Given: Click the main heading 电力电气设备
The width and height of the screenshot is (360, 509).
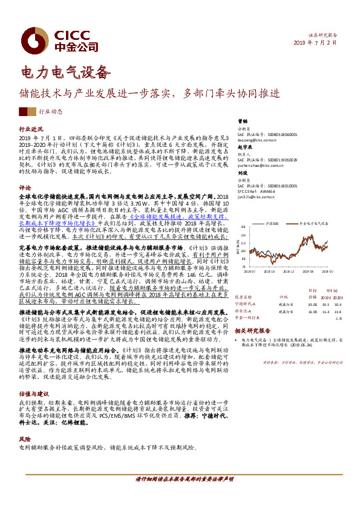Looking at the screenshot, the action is [66, 73].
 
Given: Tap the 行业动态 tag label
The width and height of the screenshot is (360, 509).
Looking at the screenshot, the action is [51, 112].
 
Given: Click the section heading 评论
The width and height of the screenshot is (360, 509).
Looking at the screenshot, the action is [25, 187].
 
